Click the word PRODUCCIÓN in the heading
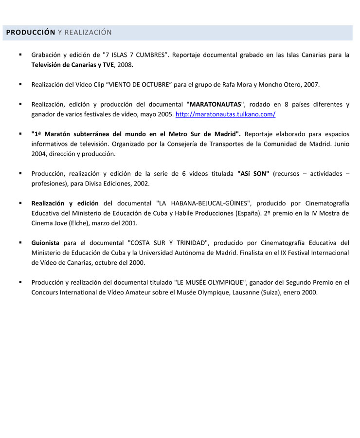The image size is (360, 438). [31, 33]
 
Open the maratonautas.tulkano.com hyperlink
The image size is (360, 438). [225, 114]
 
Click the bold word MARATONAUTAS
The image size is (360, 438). [216, 104]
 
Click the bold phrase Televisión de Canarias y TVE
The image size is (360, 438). [72, 65]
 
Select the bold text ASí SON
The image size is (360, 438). [253, 174]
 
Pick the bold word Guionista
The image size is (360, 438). [45, 243]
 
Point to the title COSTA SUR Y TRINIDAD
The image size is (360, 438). [168, 243]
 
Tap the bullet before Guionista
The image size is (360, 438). [20, 242]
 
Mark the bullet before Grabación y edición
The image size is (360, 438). [20, 55]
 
